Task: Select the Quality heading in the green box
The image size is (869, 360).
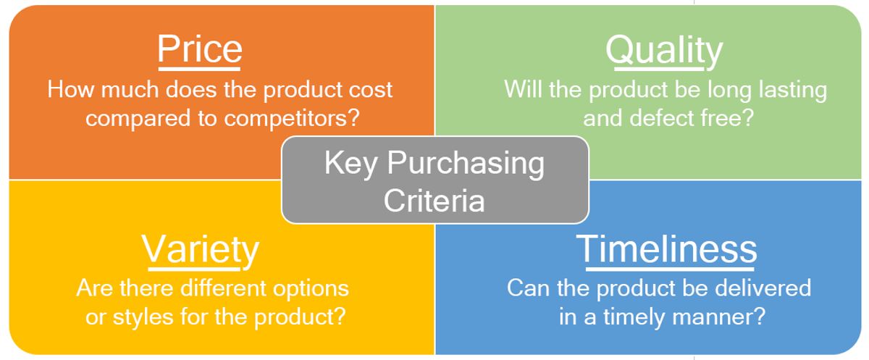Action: [664, 51]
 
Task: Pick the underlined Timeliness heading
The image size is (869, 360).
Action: [666, 249]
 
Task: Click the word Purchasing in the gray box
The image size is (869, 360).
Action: [466, 164]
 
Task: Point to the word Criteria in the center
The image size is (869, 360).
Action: [434, 201]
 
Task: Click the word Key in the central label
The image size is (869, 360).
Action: [350, 164]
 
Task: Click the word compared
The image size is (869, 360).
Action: [138, 119]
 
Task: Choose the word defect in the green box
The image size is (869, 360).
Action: [658, 117]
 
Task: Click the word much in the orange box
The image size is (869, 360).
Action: [130, 90]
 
